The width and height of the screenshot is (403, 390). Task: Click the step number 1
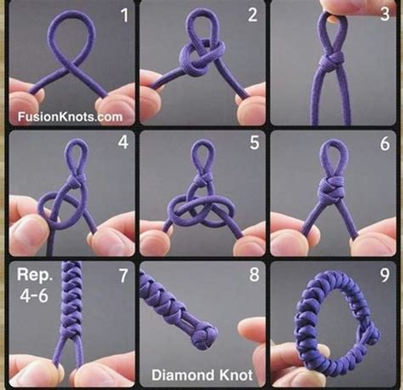125,15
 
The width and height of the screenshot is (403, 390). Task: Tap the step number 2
253,15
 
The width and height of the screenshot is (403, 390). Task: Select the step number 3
385,14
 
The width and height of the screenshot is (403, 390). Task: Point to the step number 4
123,141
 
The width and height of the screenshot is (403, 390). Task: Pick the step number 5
254,142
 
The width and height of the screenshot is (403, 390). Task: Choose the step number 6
385,144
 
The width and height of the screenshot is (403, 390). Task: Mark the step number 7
123,275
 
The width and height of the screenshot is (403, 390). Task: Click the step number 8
254,274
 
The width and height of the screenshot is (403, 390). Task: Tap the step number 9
384,275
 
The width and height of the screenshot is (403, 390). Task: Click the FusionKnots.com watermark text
70,117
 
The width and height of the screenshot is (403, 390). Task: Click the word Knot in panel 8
236,375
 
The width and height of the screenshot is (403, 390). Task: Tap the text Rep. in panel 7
35,275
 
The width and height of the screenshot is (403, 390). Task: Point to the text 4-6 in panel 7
34,295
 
